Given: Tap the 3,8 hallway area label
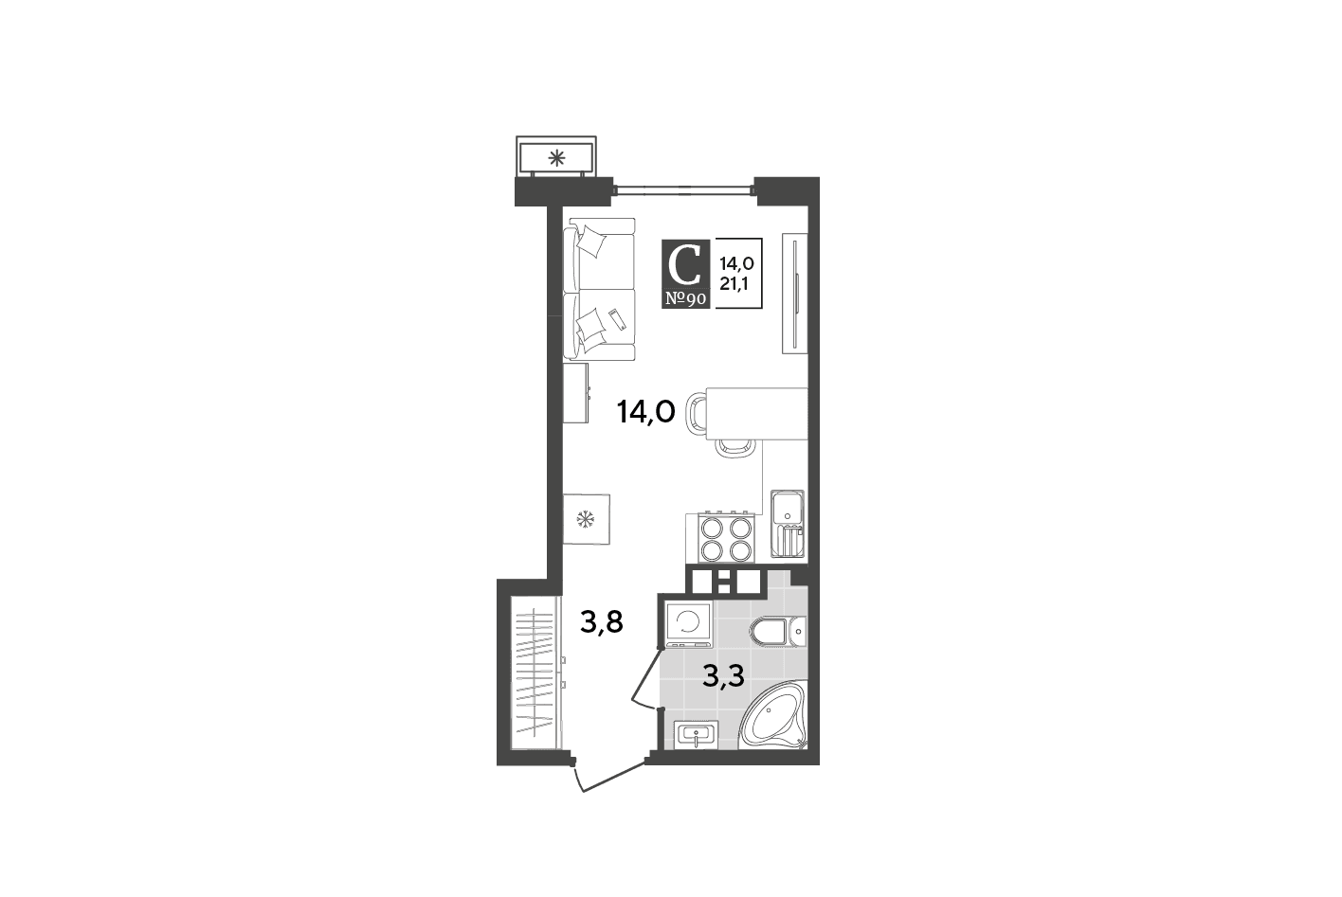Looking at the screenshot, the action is click(x=602, y=622).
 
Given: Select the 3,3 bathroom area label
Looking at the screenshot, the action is click(x=723, y=676).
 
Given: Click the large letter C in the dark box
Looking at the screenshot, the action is click(x=684, y=266).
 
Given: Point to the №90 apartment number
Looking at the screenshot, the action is click(x=685, y=299).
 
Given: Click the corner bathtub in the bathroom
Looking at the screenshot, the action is click(x=772, y=715).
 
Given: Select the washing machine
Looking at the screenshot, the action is click(x=688, y=624).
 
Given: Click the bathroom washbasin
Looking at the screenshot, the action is click(x=696, y=734).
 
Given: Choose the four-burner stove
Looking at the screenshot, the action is click(x=726, y=538).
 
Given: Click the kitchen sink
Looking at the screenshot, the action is click(x=788, y=524).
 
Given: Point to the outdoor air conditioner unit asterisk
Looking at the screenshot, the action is click(x=557, y=158).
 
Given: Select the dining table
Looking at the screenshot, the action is click(x=756, y=414).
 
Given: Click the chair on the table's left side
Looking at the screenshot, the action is click(x=697, y=413).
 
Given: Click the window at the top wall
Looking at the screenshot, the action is click(x=683, y=191).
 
